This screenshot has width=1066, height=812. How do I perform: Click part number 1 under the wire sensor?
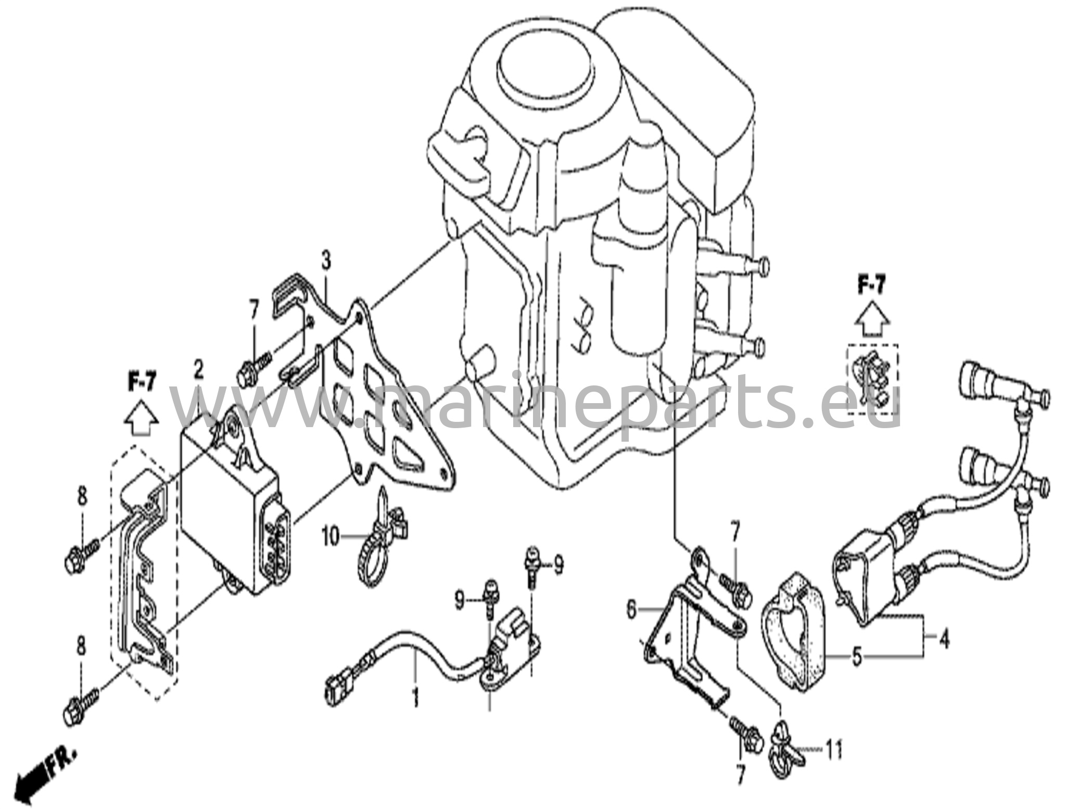[x=415, y=698]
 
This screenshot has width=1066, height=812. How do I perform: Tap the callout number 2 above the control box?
[x=198, y=370]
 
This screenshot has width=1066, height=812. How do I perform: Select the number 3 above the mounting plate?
[x=325, y=261]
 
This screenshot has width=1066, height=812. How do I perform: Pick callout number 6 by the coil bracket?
[x=631, y=609]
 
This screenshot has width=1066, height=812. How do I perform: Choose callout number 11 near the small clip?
[x=833, y=750]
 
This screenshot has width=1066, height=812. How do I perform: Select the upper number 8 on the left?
[x=82, y=496]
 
